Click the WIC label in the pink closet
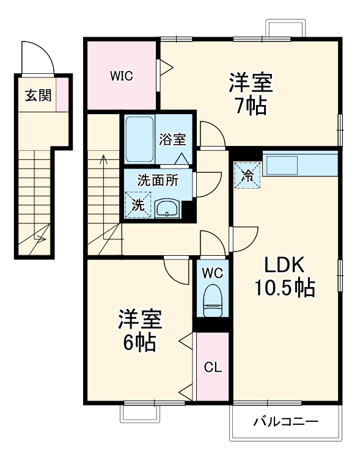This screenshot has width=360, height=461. tap(122, 76)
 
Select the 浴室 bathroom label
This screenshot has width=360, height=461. tap(172, 139)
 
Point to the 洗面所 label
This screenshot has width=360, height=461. tap(158, 180)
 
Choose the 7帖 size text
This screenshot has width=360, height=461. tap(251, 106)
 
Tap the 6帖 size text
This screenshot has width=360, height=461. tap(139, 343)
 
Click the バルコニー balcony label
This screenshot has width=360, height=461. tap(285, 422)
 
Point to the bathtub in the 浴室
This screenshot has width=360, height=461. tap(140, 139)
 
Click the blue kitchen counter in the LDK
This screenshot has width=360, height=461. tap(299, 164)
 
